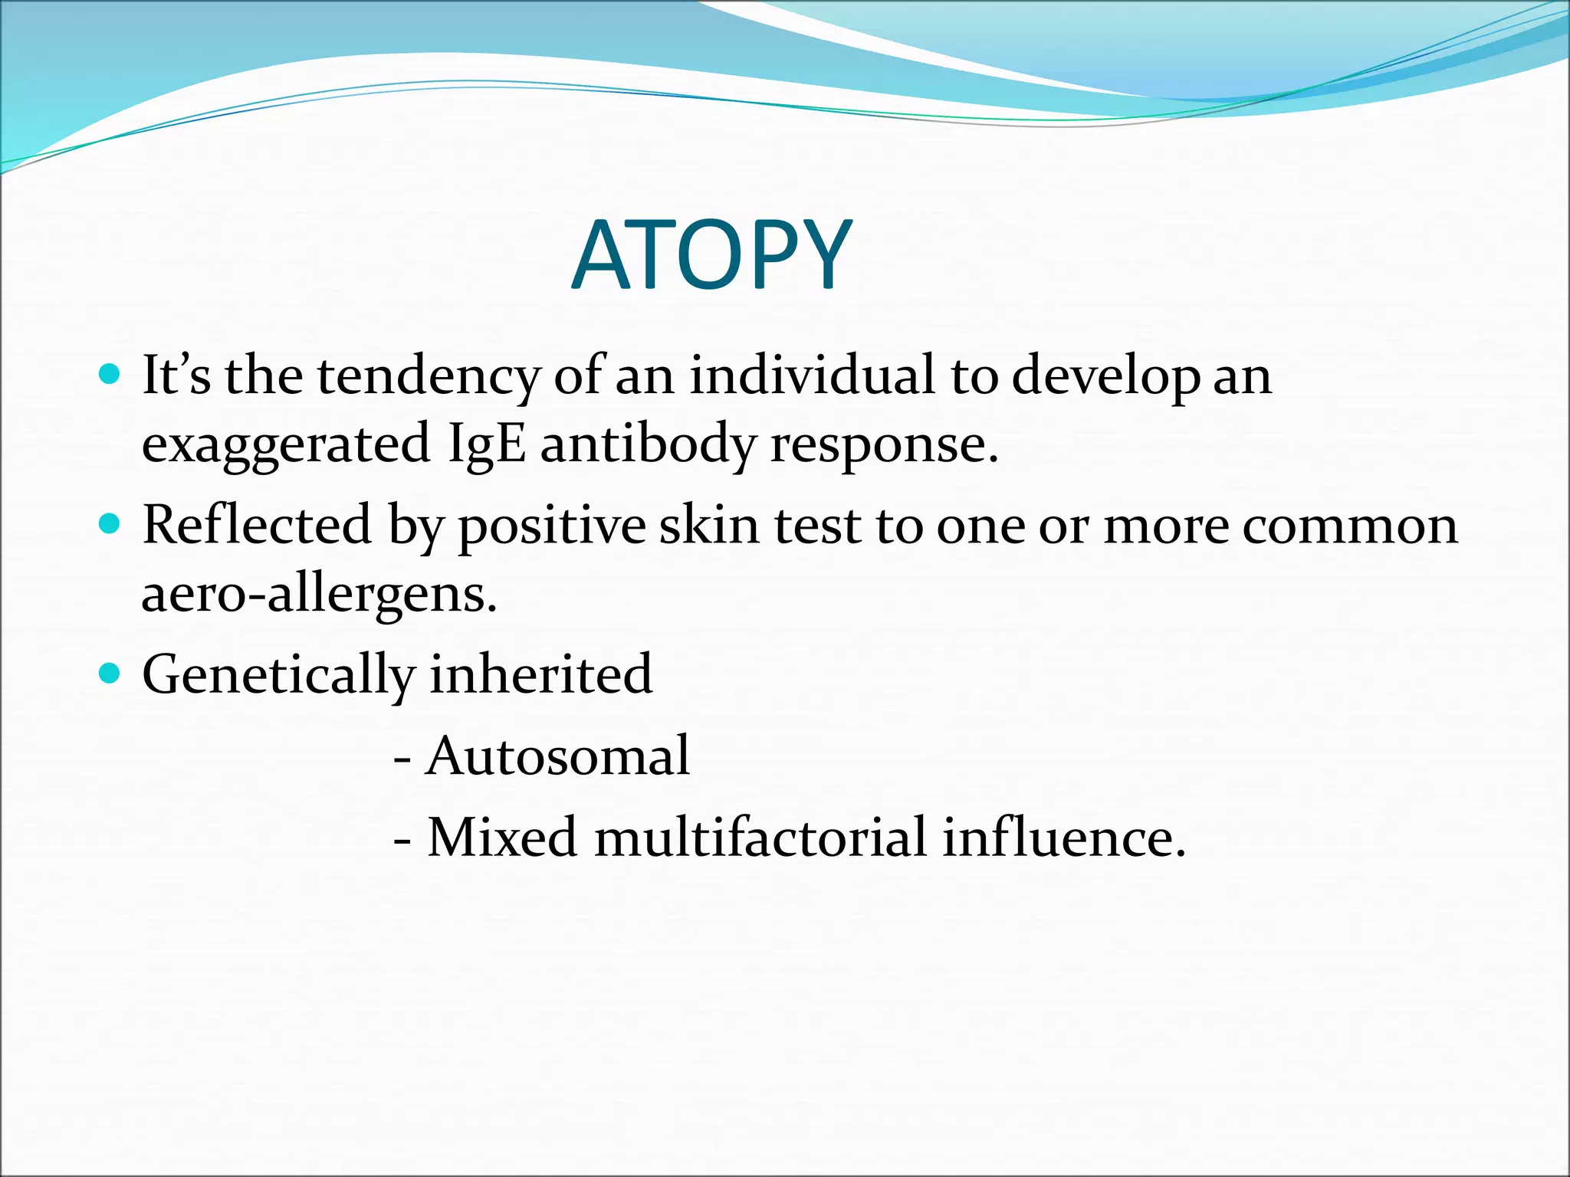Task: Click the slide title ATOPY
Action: (x=711, y=255)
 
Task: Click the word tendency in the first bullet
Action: (x=429, y=377)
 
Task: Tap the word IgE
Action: (x=487, y=444)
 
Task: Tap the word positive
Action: (x=552, y=527)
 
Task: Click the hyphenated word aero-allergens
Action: (x=320, y=595)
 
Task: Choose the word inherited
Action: (x=540, y=674)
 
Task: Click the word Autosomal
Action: (x=557, y=756)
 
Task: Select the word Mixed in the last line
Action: (x=501, y=837)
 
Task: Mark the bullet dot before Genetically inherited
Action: (x=110, y=674)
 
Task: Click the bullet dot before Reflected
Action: (x=110, y=524)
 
